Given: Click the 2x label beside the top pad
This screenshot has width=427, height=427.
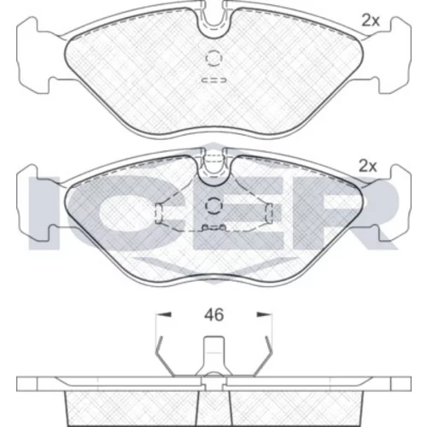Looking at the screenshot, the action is [x=371, y=20].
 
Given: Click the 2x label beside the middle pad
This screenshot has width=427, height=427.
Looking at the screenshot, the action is [x=367, y=167].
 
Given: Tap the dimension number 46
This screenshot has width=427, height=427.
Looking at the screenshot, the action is [x=214, y=315].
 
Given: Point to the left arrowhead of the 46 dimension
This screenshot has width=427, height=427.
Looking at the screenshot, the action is [x=164, y=314].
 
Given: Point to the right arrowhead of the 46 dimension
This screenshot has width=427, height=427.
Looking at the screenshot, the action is [x=264, y=314].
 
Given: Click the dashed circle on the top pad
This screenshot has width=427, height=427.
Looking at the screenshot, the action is [x=213, y=58].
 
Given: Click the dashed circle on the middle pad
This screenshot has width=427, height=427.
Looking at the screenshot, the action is [x=213, y=205].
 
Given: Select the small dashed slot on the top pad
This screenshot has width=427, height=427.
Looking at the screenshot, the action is [x=213, y=80].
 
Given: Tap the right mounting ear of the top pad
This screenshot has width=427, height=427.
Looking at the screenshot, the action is [x=395, y=56].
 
